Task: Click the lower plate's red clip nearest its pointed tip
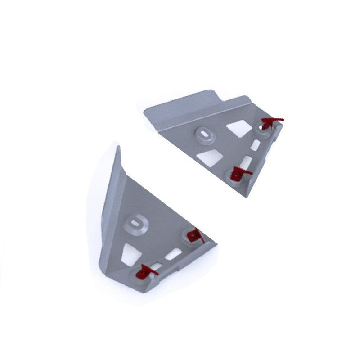tap(195, 235)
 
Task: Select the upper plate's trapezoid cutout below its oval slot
tap(211, 157)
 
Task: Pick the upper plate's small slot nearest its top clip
tap(255, 145)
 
